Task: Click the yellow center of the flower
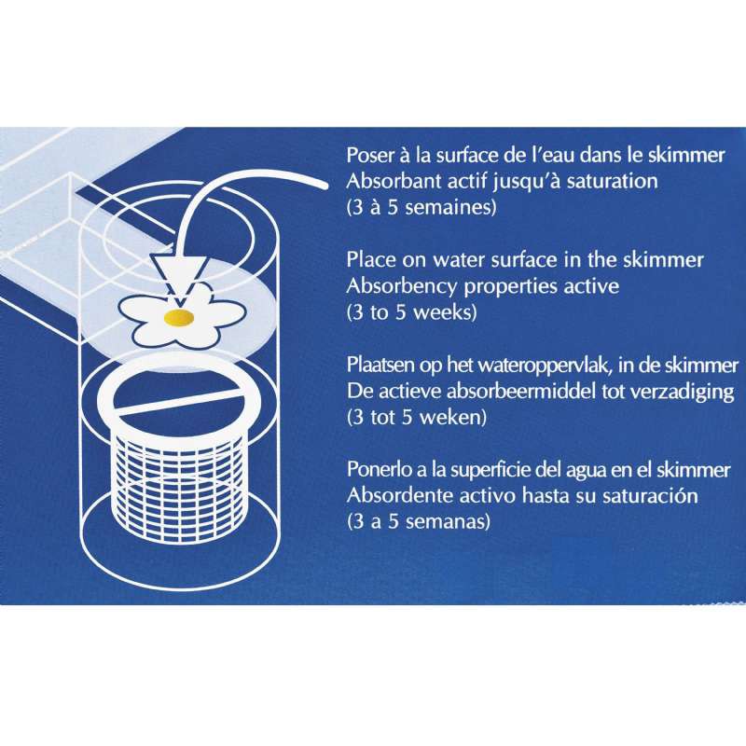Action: [179, 317]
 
